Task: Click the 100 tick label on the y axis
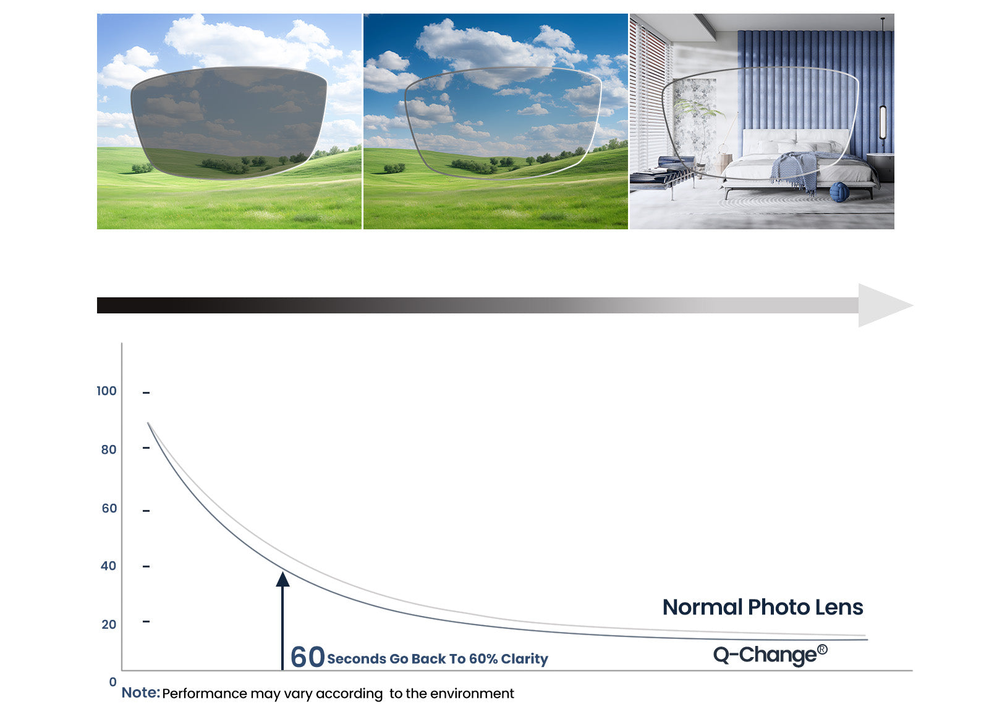coord(106,391)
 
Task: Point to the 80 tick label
coord(109,450)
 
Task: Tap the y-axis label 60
coord(109,509)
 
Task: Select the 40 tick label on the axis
coord(109,566)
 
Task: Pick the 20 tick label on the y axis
coord(109,625)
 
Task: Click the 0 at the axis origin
coord(113,682)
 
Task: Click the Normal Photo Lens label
coord(763,608)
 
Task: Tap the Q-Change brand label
coord(765,655)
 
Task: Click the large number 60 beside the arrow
coord(308,657)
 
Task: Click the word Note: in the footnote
coord(140,693)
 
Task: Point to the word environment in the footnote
coord(472,694)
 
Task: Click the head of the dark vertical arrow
coord(282,580)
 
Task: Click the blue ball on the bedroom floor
coord(839,192)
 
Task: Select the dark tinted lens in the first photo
coord(229,123)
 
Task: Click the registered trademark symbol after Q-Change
coord(822,650)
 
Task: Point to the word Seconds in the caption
coord(356,659)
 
